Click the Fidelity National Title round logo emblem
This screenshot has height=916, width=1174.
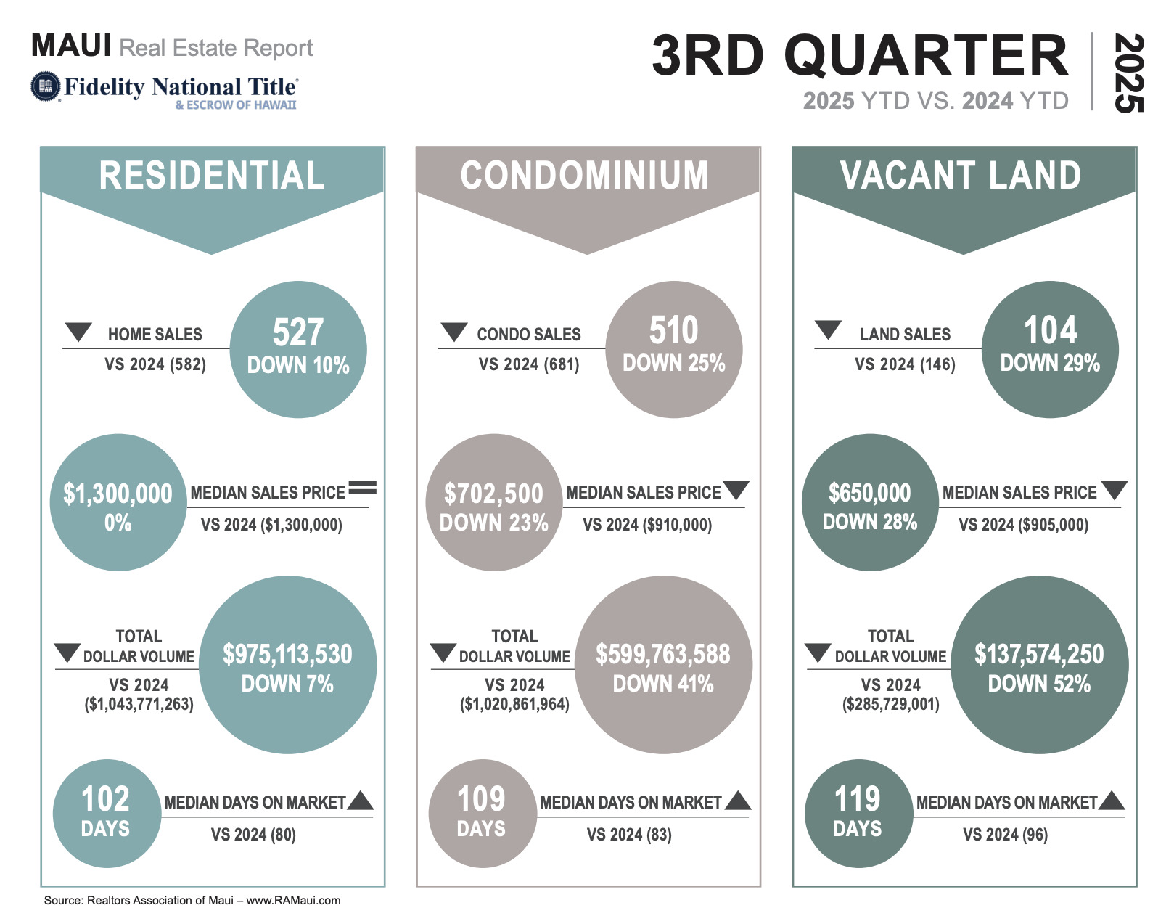click(x=45, y=86)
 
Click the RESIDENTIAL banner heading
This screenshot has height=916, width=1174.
click(x=212, y=176)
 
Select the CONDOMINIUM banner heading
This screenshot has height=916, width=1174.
click(x=585, y=176)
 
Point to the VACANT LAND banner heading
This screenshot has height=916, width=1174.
click(x=961, y=176)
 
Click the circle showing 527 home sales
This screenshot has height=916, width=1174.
click(x=298, y=349)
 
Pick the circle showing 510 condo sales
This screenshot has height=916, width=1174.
click(x=674, y=349)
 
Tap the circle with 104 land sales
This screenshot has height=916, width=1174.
click(x=1050, y=349)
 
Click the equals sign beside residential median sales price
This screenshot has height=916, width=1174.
click(x=363, y=488)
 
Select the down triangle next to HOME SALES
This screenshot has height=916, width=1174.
click(x=78, y=332)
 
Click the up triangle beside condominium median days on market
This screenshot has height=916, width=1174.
click(x=738, y=801)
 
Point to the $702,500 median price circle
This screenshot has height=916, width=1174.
click(x=494, y=502)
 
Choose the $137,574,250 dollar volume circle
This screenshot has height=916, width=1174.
click(x=1039, y=665)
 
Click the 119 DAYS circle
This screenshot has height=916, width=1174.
click(x=858, y=813)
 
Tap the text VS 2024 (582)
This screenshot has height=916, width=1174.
click(x=155, y=364)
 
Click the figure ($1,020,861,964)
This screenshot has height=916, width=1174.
click(x=514, y=704)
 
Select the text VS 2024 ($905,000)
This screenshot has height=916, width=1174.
click(x=1023, y=525)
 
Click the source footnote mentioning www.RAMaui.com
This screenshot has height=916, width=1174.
click(x=192, y=900)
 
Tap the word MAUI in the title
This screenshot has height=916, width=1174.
click(x=71, y=46)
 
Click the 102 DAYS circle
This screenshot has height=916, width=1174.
click(x=106, y=813)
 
